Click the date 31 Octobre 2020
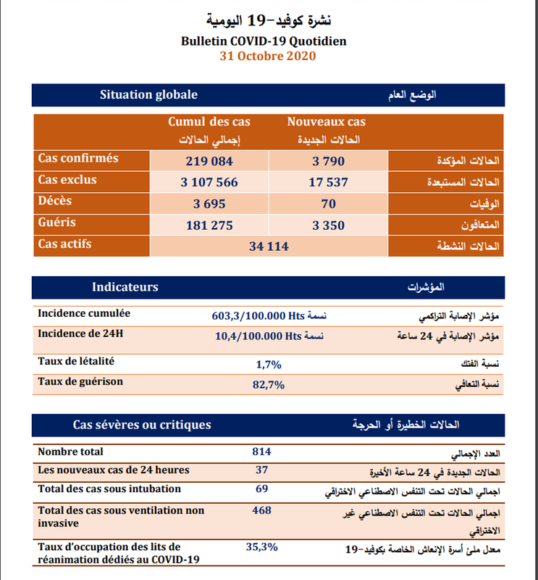(268, 56)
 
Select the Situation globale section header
(148, 95)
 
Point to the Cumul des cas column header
(209, 121)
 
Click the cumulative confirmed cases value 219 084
(209, 161)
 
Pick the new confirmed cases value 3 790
(328, 161)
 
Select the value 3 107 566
(209, 183)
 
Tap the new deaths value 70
(328, 204)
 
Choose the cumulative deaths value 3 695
(209, 204)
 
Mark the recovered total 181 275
(209, 225)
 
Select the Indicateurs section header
(125, 288)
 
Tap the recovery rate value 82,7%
(268, 384)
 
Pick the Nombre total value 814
(261, 452)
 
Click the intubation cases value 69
(262, 489)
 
